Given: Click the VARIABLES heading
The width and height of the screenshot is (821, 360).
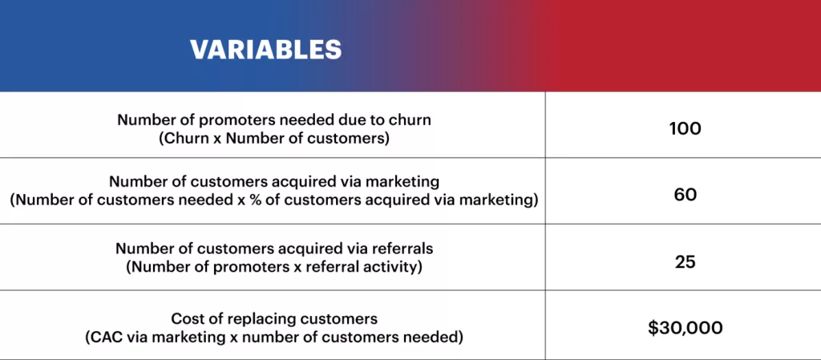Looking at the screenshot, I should click(x=265, y=49).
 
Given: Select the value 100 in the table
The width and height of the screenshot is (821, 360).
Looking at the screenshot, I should click(x=685, y=128).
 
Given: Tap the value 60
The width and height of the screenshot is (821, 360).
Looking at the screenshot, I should click(x=685, y=193).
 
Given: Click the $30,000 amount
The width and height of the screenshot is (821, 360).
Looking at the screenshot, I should click(x=685, y=327).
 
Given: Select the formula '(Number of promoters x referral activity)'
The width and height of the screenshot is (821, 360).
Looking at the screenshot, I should click(x=274, y=267).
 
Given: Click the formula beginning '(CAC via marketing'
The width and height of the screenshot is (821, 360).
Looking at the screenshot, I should click(x=274, y=337).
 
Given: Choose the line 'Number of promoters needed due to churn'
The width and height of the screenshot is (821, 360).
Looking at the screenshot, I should click(x=274, y=119).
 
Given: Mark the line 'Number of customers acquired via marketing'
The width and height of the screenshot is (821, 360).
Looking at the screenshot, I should click(x=274, y=182).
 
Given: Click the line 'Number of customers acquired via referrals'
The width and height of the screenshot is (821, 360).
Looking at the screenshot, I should click(x=274, y=249).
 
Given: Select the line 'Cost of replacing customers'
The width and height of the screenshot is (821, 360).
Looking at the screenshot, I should click(x=274, y=318).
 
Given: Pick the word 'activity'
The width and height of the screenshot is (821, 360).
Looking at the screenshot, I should click(x=396, y=267).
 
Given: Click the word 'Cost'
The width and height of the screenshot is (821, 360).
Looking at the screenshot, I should click(x=187, y=318).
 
